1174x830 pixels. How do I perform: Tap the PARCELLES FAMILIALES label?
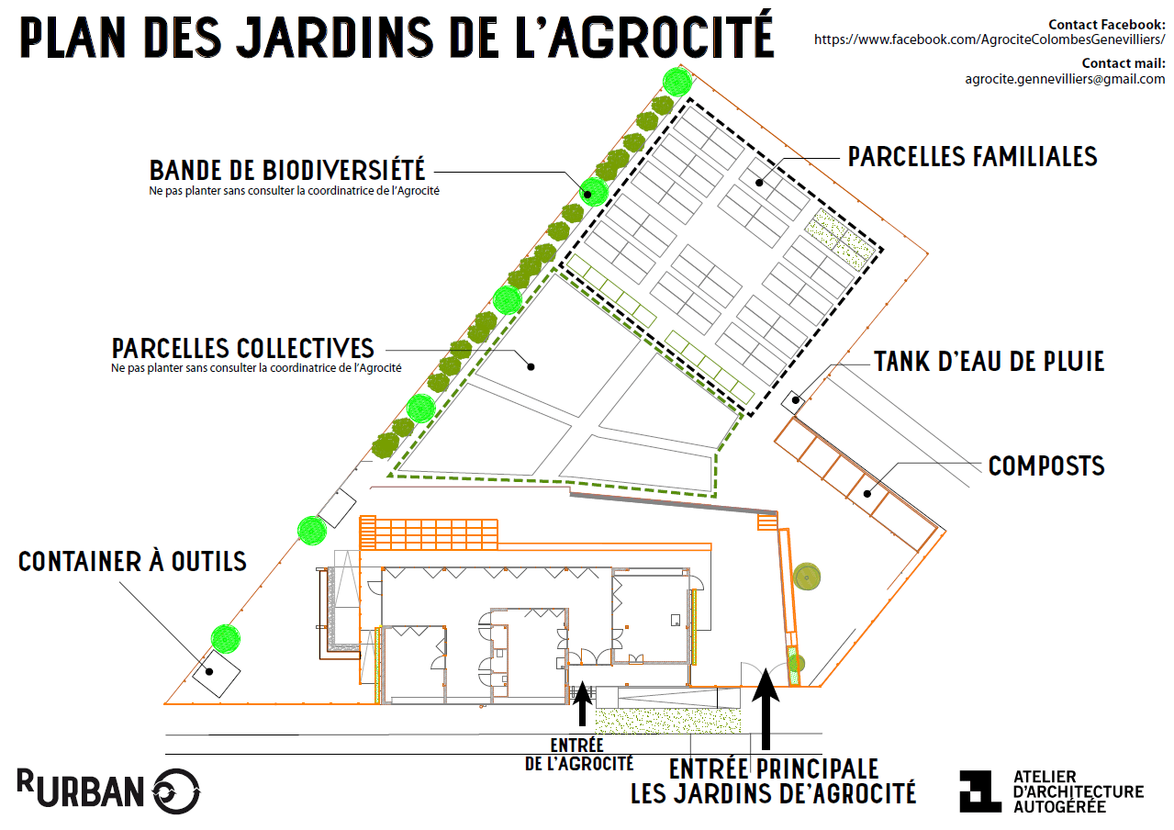pos(972,156)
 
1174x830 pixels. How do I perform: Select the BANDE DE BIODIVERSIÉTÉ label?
pos(287,170)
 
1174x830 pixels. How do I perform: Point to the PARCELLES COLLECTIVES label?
pos(243,349)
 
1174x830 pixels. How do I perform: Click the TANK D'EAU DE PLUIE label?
pos(989,361)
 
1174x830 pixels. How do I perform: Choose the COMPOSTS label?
pos(1046,466)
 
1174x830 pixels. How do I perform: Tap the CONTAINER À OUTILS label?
pos(133,561)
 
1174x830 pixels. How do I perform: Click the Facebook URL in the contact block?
pos(990,40)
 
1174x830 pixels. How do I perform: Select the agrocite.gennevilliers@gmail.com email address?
pos(1065,79)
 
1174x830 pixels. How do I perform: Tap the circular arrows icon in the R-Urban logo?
pos(175,791)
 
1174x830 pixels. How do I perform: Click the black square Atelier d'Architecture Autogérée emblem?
pos(980,791)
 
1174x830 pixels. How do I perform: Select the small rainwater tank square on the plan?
pos(794,399)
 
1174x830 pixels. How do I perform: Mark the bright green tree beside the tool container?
pos(225,637)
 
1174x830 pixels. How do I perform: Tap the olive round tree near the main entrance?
pos(806,577)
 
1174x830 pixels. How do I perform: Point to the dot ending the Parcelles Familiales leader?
pos(760,182)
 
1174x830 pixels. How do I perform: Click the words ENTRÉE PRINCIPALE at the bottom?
pos(774,768)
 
